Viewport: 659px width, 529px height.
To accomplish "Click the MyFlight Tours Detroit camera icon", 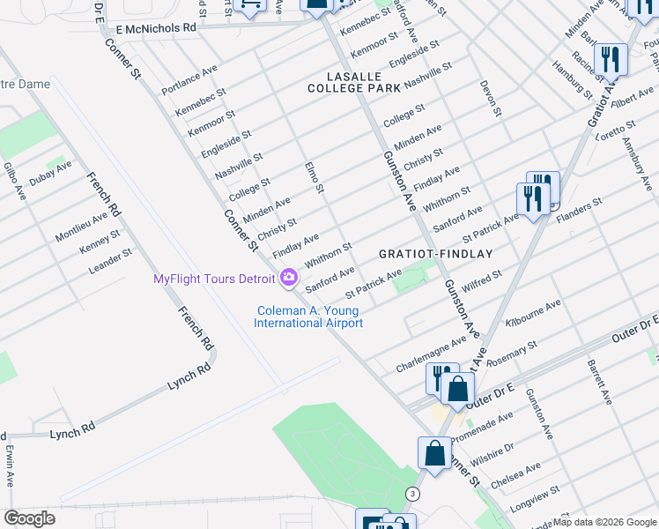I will [288, 279].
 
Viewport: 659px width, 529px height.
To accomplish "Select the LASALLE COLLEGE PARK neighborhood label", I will [353, 82].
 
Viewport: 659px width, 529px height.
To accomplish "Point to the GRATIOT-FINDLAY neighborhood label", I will [435, 253].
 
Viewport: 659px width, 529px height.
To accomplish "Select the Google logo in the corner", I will [29, 518].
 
